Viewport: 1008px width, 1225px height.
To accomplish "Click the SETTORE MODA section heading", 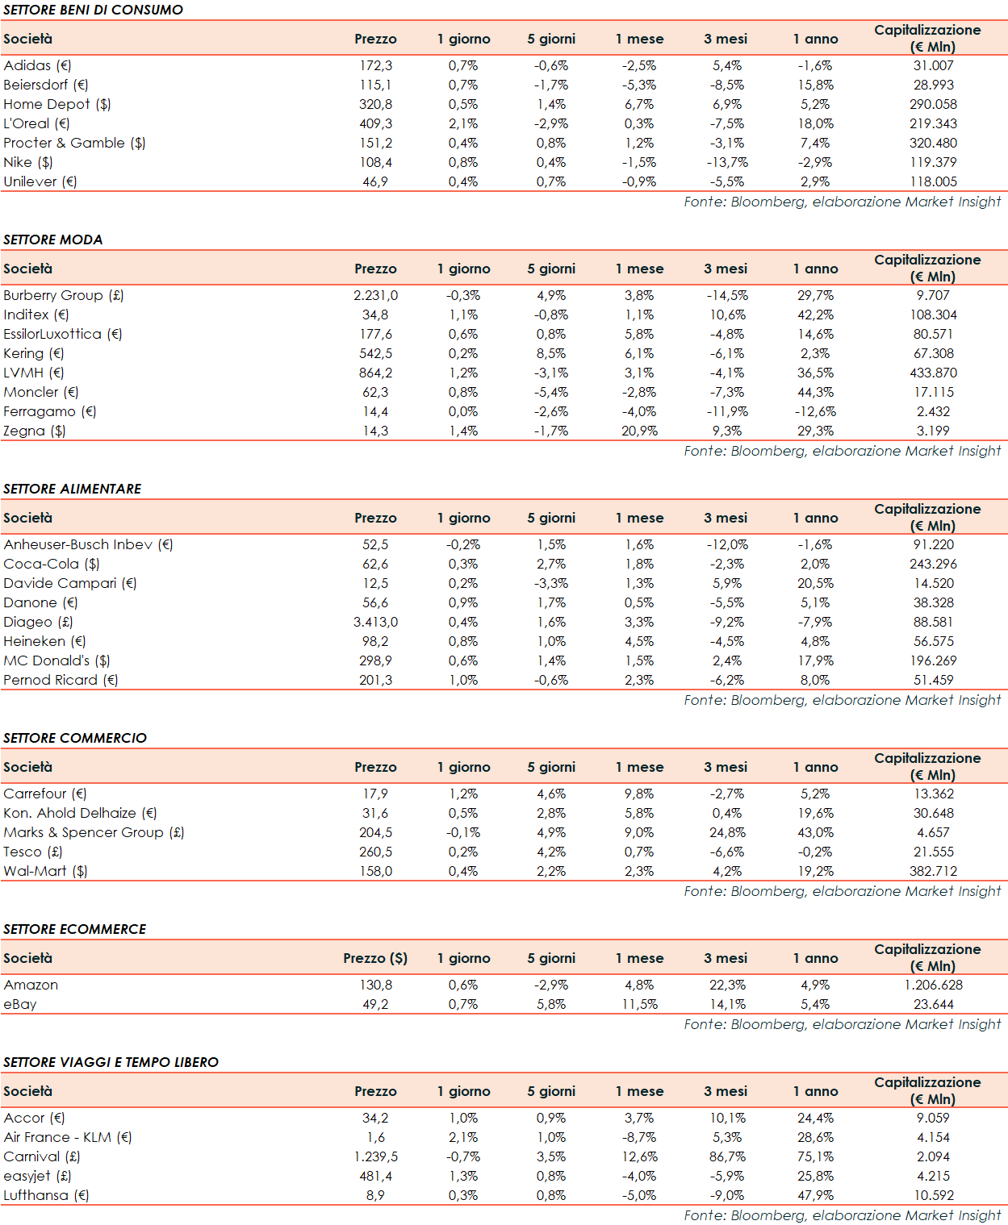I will point(53,240).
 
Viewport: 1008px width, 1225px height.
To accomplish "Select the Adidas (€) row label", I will point(37,65).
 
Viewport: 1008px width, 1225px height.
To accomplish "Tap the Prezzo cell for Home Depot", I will point(375,104).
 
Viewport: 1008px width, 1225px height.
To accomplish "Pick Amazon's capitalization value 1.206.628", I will point(933,985).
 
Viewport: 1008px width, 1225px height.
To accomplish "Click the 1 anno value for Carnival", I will point(815,1156).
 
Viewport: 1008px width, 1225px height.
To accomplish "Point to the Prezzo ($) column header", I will point(375,958).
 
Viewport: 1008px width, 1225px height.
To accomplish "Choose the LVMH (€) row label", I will point(34,373).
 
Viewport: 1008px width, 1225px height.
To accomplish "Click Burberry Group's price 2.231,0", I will point(375,295).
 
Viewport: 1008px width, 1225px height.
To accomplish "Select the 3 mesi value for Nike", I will point(727,162).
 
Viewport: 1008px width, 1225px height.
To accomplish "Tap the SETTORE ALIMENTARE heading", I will point(73,489).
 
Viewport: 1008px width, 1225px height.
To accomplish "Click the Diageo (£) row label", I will point(39,622).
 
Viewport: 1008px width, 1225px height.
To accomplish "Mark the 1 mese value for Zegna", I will point(639,431).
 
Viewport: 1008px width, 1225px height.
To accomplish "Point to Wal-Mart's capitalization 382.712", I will point(933,871).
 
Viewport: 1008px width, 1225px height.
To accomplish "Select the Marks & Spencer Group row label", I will point(94,832).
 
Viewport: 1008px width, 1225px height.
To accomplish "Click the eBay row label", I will point(20,1004).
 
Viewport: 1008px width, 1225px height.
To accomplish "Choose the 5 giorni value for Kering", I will point(551,353).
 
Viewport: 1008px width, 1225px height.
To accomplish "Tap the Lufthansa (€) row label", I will point(46,1195).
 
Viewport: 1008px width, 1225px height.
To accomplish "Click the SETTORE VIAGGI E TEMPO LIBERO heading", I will point(111,1062).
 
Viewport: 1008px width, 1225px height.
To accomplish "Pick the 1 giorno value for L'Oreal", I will point(463,123).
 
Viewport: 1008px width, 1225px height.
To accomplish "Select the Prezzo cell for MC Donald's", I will point(375,660).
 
